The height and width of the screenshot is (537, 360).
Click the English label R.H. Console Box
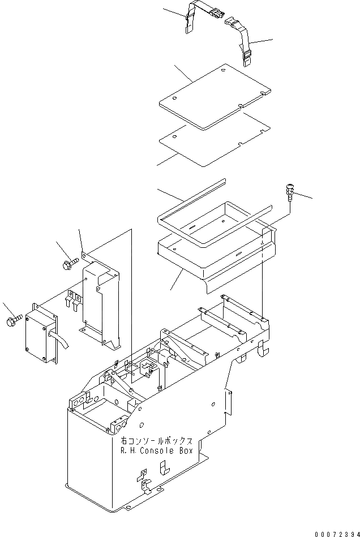pos(157,451)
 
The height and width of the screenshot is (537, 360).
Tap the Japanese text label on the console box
pos(157,441)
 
